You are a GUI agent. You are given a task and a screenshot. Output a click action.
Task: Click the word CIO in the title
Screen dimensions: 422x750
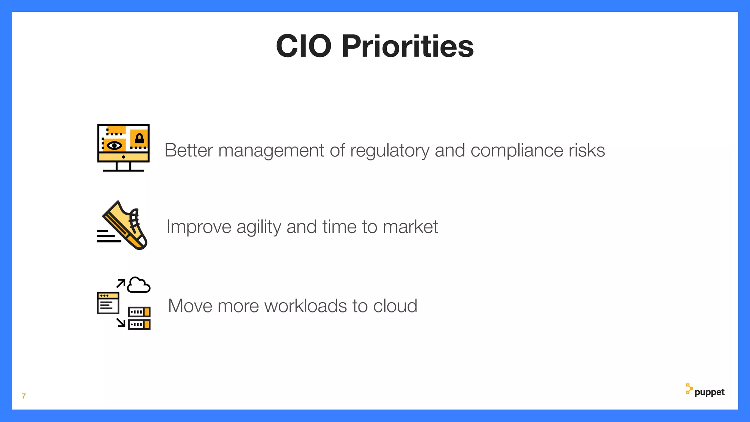(x=304, y=46)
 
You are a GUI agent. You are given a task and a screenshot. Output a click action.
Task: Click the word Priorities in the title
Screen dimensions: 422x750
(x=407, y=46)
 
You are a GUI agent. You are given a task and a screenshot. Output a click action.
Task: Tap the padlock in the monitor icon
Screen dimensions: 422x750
(x=139, y=139)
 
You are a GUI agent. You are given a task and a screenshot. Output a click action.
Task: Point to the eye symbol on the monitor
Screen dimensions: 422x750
(x=114, y=145)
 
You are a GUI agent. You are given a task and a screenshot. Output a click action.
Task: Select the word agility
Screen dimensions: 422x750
(x=259, y=227)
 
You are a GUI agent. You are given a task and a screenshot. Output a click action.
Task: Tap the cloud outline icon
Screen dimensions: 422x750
(x=139, y=285)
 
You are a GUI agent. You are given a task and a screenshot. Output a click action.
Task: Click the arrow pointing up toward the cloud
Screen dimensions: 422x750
(x=121, y=283)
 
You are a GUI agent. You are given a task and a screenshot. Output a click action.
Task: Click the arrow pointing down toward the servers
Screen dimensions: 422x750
(x=121, y=322)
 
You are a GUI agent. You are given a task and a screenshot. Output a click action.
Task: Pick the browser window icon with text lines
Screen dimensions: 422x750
(x=108, y=303)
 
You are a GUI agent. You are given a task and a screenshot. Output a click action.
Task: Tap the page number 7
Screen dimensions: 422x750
(x=24, y=396)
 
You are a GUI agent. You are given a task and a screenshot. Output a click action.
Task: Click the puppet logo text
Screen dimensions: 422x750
(x=709, y=392)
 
